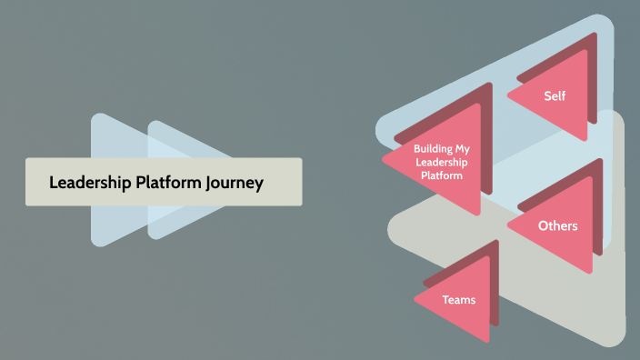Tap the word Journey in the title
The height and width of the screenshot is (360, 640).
click(x=235, y=183)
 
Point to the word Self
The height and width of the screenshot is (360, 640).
click(x=555, y=95)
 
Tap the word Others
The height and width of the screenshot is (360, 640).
click(x=557, y=225)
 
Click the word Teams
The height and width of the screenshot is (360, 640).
click(x=459, y=299)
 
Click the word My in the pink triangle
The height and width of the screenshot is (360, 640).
click(x=465, y=148)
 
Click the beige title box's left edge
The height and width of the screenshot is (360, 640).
click(x=26, y=182)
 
